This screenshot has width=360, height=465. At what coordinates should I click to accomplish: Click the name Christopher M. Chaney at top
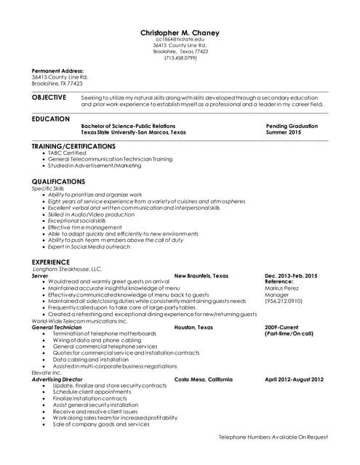(180, 33)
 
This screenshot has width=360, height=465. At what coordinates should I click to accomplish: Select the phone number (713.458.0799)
(180, 57)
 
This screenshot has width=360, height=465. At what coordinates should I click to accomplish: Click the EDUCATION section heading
(51, 118)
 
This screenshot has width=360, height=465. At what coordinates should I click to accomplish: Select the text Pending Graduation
(292, 126)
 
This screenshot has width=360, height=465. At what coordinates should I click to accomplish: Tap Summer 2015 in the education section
(283, 132)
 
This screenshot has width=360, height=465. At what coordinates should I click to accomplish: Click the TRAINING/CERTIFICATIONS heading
(77, 147)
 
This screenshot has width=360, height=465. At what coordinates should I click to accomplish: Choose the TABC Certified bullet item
(69, 153)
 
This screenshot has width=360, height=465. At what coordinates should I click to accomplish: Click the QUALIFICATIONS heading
(58, 181)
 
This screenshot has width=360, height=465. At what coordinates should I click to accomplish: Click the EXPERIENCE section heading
(51, 262)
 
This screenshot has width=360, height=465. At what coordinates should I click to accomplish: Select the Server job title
(40, 276)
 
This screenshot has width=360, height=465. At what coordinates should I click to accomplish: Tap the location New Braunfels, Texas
(201, 276)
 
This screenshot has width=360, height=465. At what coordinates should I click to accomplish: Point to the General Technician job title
(58, 328)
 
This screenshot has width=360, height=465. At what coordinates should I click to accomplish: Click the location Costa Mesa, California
(203, 379)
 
